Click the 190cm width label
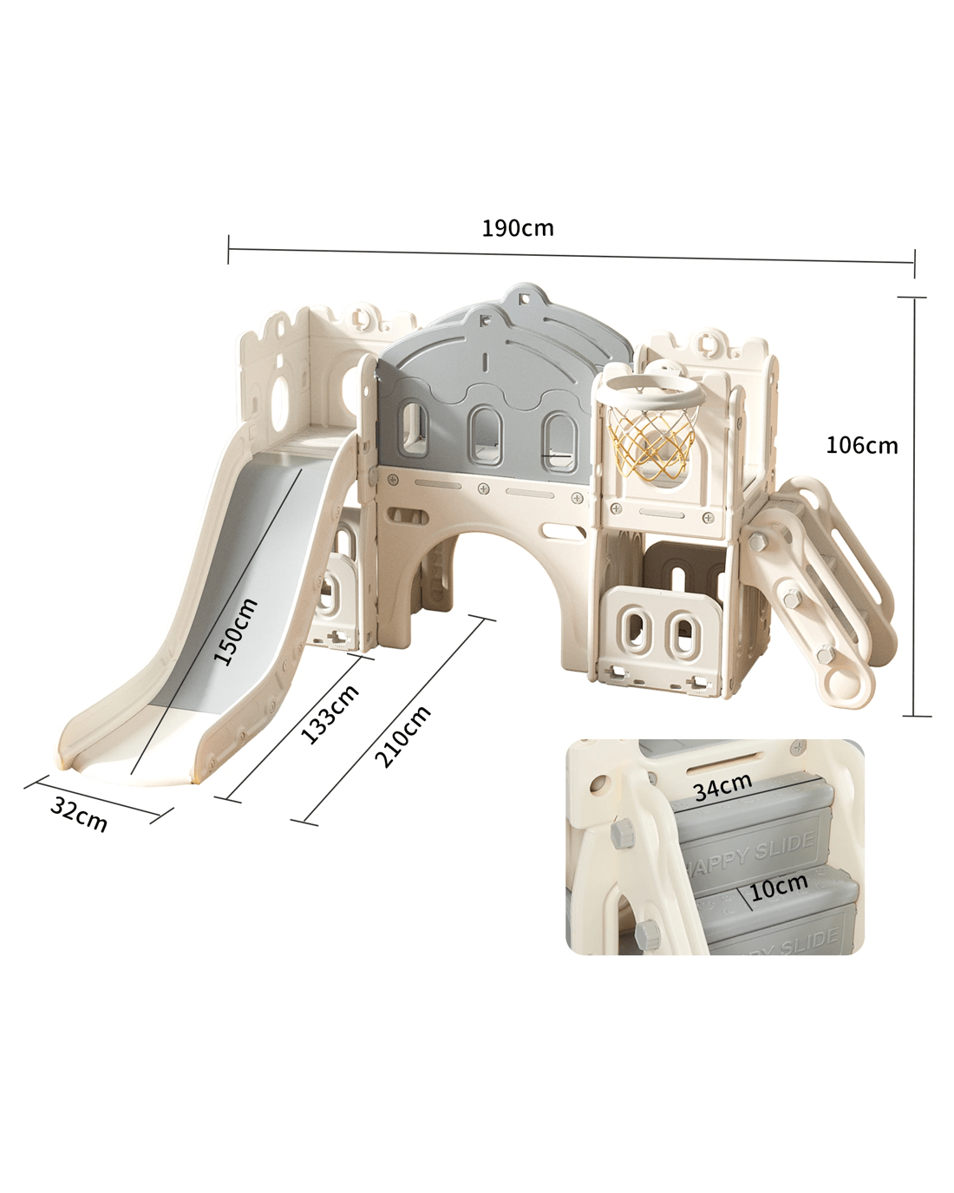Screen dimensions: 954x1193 pyautogui.click(x=517, y=228)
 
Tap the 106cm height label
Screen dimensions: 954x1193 pyautogui.click(x=862, y=446)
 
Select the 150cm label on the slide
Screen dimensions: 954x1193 pyautogui.click(x=237, y=631)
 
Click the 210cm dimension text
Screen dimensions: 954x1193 pyautogui.click(x=402, y=736)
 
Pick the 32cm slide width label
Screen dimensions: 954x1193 pyautogui.click(x=79, y=815)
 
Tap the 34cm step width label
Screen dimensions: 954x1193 pyautogui.click(x=723, y=787)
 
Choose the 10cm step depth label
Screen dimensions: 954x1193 pyautogui.click(x=779, y=887)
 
